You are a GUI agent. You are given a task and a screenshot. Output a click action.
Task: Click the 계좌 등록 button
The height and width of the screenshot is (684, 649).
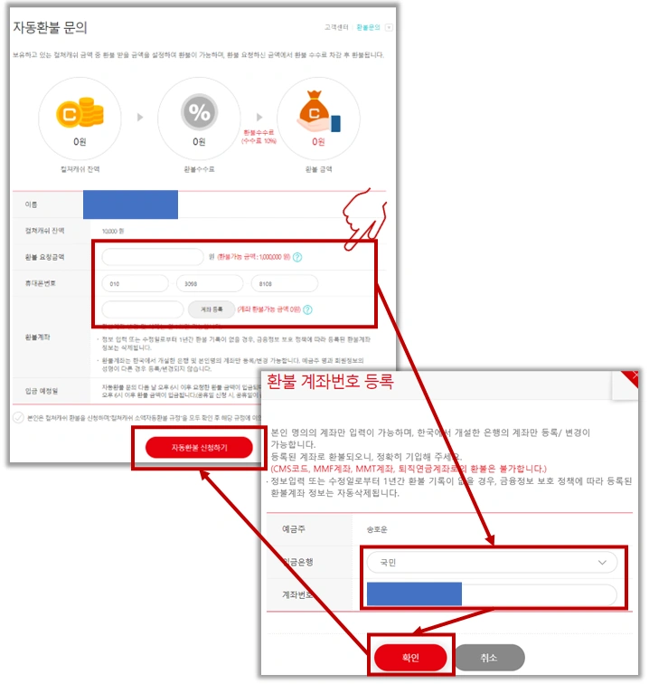point(218,309)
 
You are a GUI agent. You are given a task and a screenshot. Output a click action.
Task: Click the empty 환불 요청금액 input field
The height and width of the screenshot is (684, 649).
point(154,258)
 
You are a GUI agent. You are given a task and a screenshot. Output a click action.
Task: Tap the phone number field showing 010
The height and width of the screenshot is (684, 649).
point(135,283)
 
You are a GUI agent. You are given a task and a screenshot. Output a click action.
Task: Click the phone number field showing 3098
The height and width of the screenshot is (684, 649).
point(210,283)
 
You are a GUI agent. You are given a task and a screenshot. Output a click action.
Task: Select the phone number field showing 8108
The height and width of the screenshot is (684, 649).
point(285,283)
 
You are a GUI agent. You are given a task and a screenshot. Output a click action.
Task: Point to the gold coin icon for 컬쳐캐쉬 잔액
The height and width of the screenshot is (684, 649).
point(79,114)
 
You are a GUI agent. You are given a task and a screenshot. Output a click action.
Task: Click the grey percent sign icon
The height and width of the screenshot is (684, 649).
point(198,114)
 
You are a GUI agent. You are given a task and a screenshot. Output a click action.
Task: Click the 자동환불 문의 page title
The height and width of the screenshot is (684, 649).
point(51,28)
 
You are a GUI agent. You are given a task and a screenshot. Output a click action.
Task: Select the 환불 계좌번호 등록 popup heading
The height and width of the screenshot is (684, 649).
point(330,382)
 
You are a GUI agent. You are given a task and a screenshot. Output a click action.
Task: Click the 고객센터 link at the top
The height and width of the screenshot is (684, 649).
point(334,28)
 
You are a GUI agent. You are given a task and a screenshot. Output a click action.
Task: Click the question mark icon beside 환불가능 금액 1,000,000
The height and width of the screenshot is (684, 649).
point(297,258)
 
